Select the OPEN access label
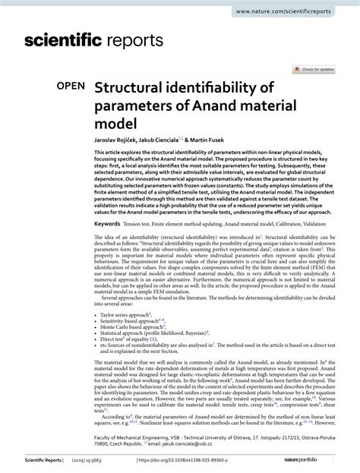pyautogui.click(x=69, y=87)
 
